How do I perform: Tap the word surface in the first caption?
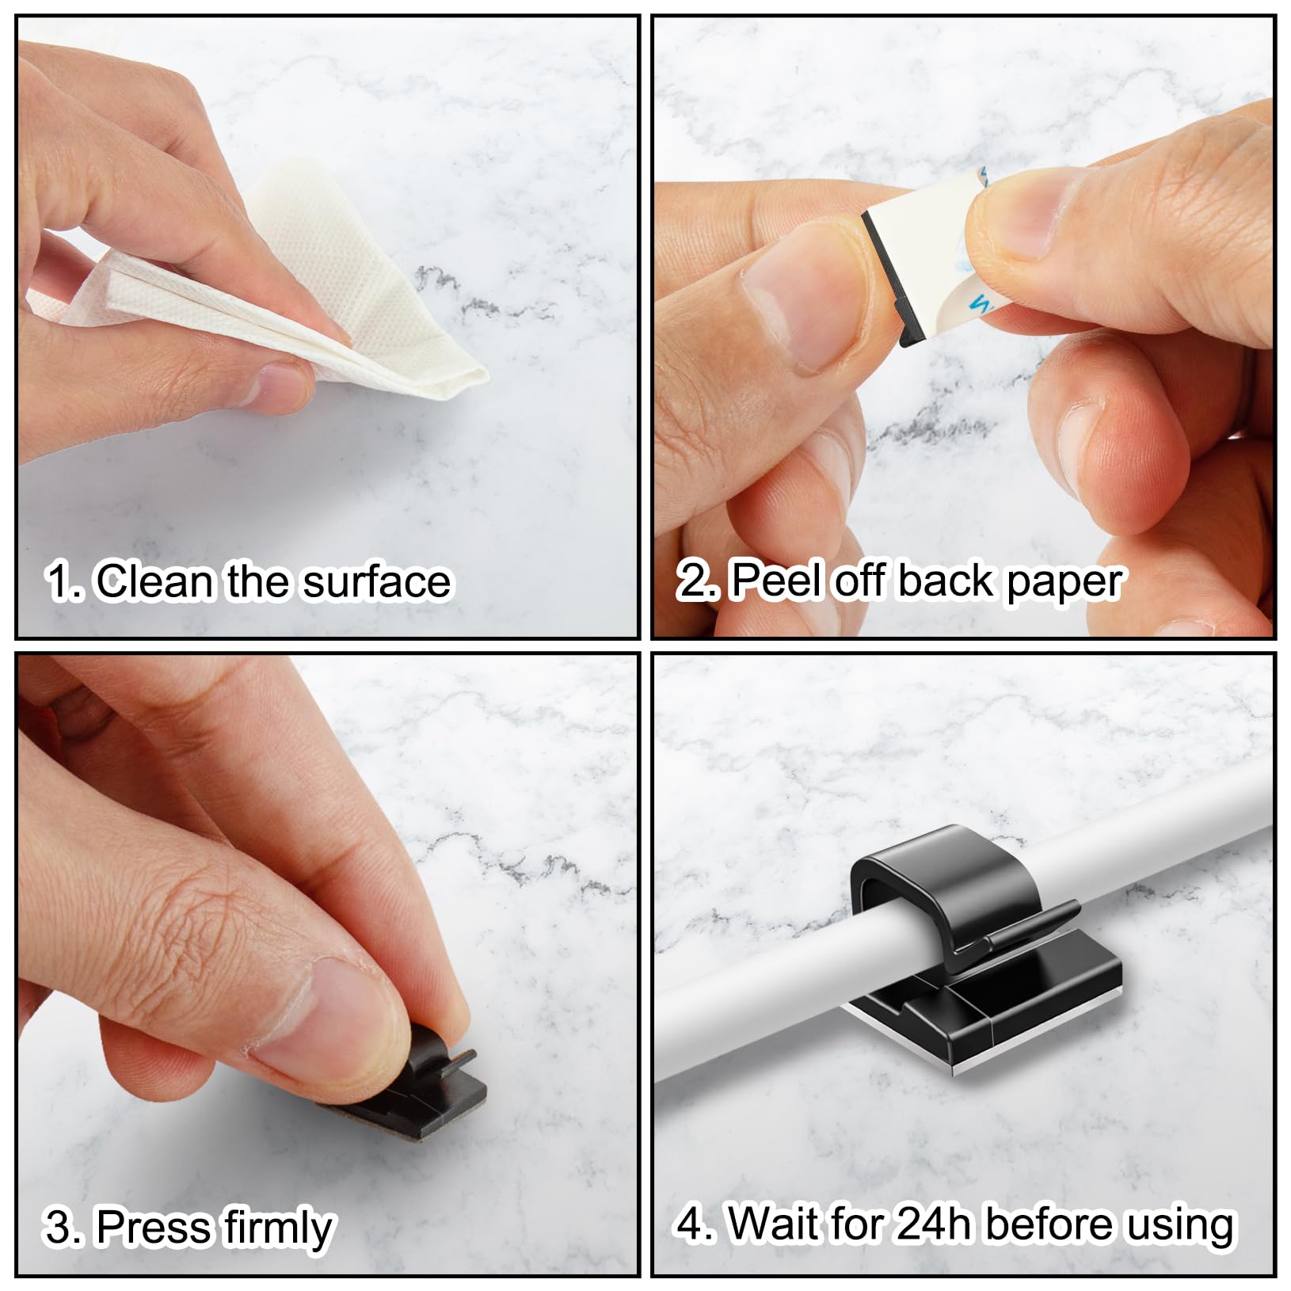(377, 581)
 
